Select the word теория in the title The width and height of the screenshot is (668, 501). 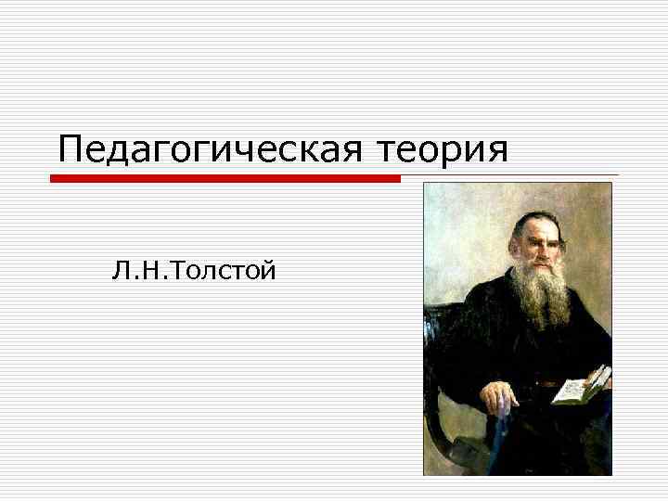coord(443,148)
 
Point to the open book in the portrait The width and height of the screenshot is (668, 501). coord(581,384)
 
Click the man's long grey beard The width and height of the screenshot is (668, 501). coord(543,297)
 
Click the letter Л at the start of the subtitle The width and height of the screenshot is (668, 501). coord(119,271)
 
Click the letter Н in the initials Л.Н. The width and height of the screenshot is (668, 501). coord(146,271)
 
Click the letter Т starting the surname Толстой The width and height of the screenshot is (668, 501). coord(173,271)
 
